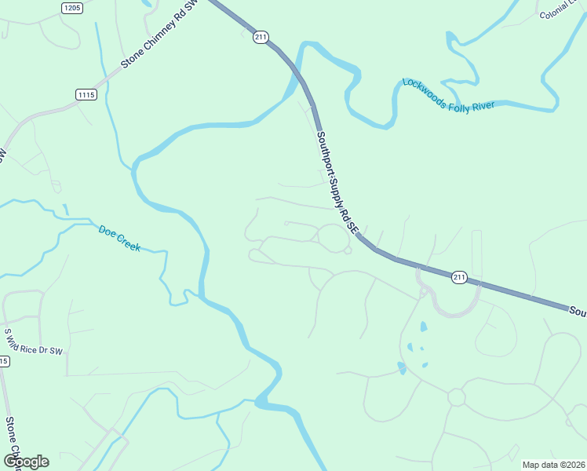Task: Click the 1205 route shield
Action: tap(71, 8)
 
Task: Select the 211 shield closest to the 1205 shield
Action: tap(261, 36)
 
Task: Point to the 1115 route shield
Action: tap(86, 94)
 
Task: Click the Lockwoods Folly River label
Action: tap(448, 94)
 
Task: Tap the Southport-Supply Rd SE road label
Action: tap(337, 181)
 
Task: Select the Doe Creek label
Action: tap(119, 238)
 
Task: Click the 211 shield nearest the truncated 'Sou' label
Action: tap(460, 276)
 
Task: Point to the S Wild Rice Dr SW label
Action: tap(34, 341)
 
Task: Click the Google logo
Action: tap(27, 462)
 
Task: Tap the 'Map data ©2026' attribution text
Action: tap(552, 465)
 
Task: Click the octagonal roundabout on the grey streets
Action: tap(456, 398)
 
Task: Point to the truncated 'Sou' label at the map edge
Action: tap(578, 312)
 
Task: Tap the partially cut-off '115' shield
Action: tap(4, 361)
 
